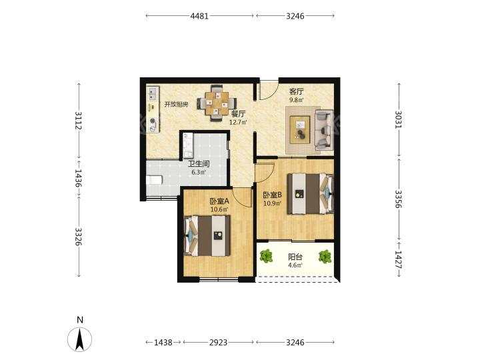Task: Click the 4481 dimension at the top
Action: coord(199,16)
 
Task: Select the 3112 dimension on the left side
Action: coord(79,120)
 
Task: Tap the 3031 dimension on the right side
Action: coord(399,119)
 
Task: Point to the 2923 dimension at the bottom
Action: coord(218,342)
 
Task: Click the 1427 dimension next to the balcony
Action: coord(399,259)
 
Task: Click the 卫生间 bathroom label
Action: coord(199,164)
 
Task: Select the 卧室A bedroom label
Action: coord(219,201)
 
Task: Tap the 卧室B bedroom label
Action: coord(273,195)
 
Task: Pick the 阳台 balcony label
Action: coord(295,257)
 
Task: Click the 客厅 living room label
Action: coord(296,91)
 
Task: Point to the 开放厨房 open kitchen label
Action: coord(176,105)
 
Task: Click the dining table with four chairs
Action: coord(217,103)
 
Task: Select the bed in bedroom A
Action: coord(207,236)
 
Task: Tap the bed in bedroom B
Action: coord(310,193)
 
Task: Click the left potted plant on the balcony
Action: coord(266,256)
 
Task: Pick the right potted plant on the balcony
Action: coord(325,257)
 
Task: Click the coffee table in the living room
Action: coord(300,127)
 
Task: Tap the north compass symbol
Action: coord(79,339)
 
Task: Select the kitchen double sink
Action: coord(153,94)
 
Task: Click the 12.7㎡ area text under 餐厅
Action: coord(238,122)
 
